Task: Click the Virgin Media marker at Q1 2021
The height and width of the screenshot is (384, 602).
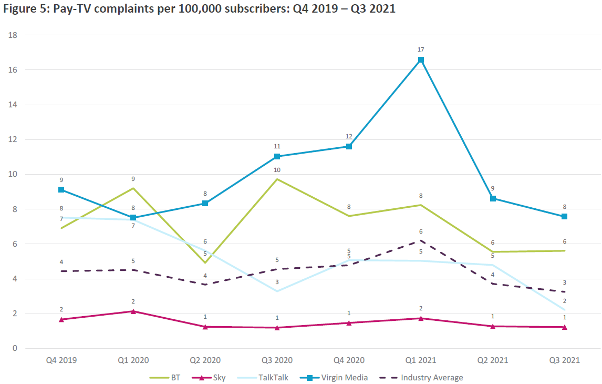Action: (421, 60)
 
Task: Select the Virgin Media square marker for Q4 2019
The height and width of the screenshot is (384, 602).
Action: (61, 189)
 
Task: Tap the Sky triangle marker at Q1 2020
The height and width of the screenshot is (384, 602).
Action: (133, 311)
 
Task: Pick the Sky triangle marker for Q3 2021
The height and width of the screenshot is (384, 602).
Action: (564, 327)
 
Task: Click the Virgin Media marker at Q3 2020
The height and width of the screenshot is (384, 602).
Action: (277, 156)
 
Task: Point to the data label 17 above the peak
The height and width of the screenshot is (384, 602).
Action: (421, 49)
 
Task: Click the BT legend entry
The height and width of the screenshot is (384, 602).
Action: (164, 377)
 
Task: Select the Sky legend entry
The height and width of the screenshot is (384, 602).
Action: (211, 377)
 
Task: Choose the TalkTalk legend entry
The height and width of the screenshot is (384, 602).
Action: (265, 377)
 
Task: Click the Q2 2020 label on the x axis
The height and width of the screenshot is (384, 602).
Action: (205, 360)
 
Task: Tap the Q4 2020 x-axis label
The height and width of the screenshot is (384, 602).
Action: (349, 360)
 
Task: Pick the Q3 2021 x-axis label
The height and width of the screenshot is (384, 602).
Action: (564, 360)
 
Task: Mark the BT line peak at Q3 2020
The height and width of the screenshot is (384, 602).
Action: (277, 179)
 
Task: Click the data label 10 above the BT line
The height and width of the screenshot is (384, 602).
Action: (277, 169)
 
